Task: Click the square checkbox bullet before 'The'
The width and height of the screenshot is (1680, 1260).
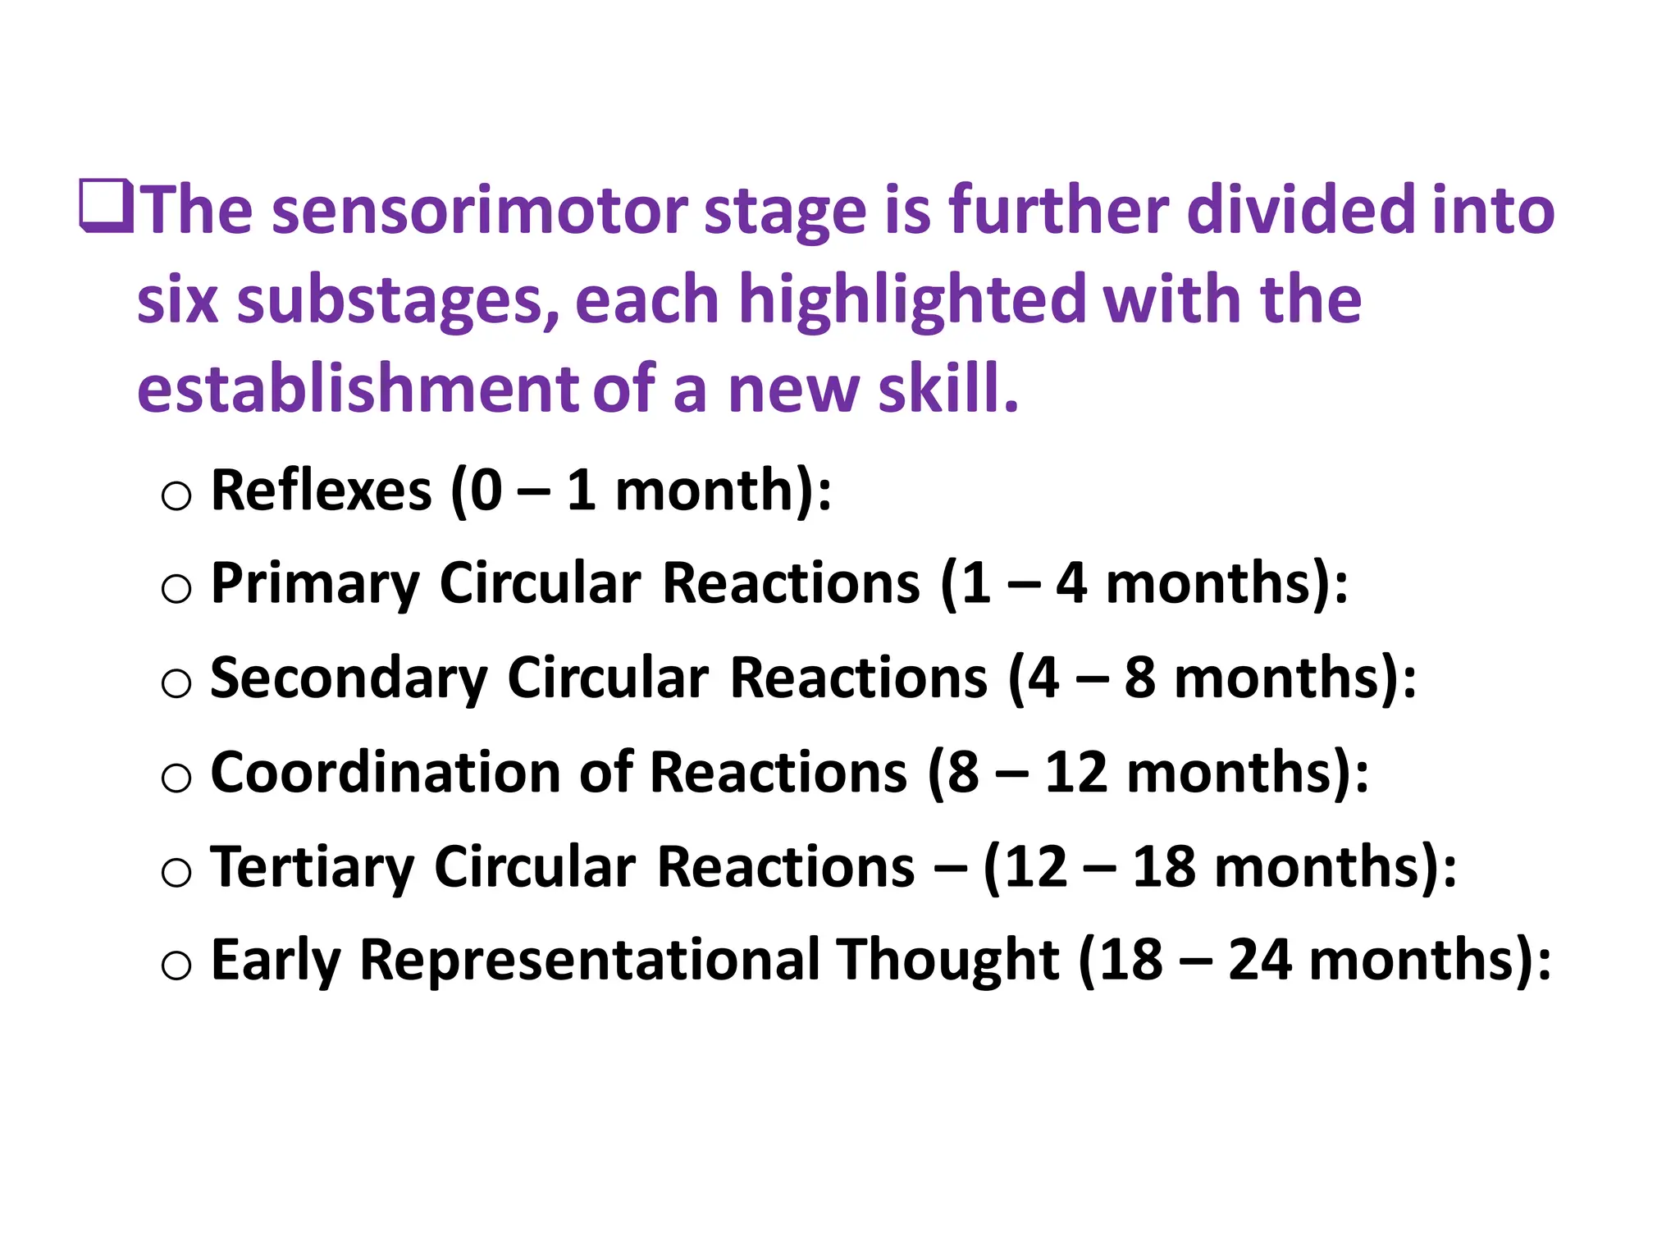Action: pos(107,206)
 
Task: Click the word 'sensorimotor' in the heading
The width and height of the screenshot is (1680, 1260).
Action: pos(480,212)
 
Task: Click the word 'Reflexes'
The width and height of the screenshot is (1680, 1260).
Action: pos(321,491)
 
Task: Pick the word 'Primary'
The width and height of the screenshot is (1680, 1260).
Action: pos(315,585)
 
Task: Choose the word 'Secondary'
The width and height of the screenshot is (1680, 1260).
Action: pos(349,679)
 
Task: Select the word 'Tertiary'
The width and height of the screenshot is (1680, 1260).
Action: pos(313,868)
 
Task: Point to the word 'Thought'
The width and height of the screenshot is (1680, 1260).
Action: pos(947,961)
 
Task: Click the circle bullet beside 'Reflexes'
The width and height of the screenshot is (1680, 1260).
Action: pos(176,495)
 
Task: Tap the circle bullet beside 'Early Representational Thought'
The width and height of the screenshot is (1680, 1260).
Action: pos(176,966)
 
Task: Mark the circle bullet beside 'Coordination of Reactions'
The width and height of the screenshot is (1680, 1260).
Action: pos(176,778)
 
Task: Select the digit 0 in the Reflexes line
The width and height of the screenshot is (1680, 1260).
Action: pos(486,491)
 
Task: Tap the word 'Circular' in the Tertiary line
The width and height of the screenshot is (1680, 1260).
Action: pos(534,868)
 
